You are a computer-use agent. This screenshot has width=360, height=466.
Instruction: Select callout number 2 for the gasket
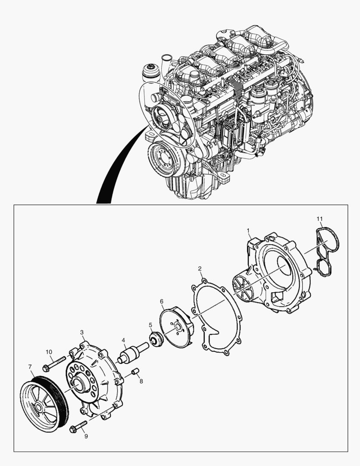(200, 269)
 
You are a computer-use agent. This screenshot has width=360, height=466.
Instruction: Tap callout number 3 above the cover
(82, 332)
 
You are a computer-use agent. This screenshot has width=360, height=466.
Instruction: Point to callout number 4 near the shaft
(123, 340)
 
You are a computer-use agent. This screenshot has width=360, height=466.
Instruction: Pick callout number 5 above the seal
(150, 324)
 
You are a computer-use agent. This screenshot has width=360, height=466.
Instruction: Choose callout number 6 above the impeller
(162, 301)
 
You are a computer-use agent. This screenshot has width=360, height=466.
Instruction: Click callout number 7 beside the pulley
(30, 367)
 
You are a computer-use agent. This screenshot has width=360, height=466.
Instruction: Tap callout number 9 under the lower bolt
(86, 436)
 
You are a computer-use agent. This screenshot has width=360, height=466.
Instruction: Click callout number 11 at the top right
(319, 219)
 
